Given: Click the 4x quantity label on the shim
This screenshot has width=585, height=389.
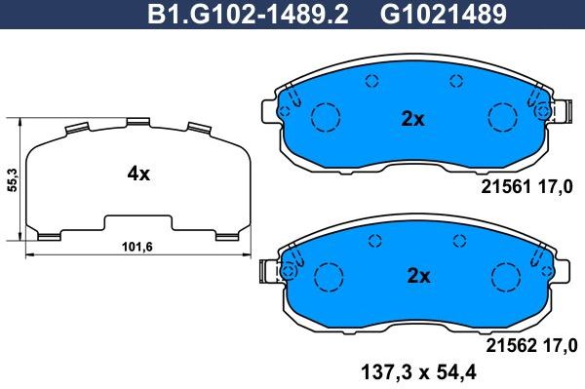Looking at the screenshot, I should (x=138, y=175).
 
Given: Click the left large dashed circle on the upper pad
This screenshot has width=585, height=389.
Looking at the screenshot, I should (x=324, y=117).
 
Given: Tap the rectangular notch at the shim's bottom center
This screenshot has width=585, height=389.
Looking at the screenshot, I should (x=138, y=220).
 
